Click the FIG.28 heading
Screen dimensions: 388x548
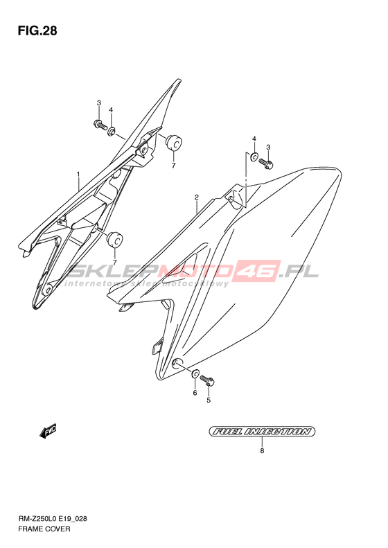pyautogui.click(x=37, y=31)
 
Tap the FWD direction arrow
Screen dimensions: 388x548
pyautogui.click(x=48, y=432)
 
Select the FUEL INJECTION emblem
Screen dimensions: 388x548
pyautogui.click(x=262, y=432)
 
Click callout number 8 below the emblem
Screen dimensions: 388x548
pyautogui.click(x=262, y=451)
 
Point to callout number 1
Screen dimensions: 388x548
pyautogui.click(x=79, y=174)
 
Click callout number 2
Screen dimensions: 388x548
pyautogui.click(x=197, y=197)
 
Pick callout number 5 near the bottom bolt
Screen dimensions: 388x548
pyautogui.click(x=209, y=400)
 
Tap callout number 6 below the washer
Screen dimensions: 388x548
pyautogui.click(x=195, y=393)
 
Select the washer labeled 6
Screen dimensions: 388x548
pyautogui.click(x=195, y=373)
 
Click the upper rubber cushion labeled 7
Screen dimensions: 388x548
pyautogui.click(x=173, y=141)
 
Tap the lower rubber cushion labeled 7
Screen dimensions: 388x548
pyautogui.click(x=114, y=240)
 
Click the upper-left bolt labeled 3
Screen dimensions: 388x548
pyautogui.click(x=100, y=125)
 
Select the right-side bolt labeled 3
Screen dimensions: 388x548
pyautogui.click(x=266, y=163)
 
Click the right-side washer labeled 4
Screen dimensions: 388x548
pyautogui.click(x=254, y=157)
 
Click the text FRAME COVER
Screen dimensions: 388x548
pyautogui.click(x=44, y=529)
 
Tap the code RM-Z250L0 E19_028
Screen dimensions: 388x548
pyautogui.click(x=53, y=519)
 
